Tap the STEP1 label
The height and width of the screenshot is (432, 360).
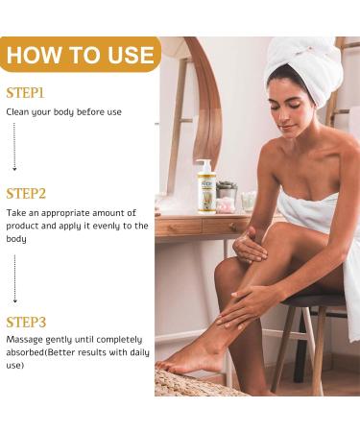coord(25,93)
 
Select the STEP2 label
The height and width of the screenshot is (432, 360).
coord(26,193)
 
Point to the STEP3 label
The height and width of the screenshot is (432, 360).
coord(26,322)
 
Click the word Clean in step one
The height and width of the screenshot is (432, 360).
coord(18,111)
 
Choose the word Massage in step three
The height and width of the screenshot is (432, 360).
coord(25,340)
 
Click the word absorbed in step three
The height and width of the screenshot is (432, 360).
coord(24,352)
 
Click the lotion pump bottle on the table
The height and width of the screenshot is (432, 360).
coord(205,188)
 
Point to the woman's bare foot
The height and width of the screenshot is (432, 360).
coord(192,360)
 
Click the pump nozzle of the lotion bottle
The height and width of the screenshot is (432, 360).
coord(204,162)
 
